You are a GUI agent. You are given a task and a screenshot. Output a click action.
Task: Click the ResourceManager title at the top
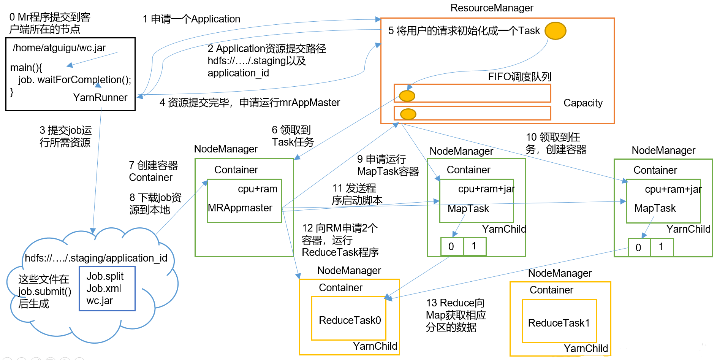(492, 8)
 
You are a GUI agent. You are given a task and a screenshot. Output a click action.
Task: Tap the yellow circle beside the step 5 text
(555, 31)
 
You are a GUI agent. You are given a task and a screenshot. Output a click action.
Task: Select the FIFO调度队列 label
(519, 77)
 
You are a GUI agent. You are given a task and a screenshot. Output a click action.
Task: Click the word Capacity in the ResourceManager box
(583, 103)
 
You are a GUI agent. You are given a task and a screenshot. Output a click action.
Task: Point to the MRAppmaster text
(240, 208)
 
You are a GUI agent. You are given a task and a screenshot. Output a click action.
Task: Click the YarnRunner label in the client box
(100, 98)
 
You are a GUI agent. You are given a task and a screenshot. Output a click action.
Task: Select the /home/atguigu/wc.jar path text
(59, 48)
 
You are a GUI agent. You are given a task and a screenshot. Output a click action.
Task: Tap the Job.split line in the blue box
(105, 276)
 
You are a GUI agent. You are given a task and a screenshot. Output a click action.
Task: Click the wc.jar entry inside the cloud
(100, 301)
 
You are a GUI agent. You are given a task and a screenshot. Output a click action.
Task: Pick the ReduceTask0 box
(349, 319)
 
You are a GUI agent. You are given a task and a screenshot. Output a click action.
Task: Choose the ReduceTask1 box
(559, 321)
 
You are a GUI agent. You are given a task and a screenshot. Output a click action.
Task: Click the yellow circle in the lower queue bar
(408, 114)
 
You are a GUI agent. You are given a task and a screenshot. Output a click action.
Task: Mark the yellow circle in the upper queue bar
(407, 96)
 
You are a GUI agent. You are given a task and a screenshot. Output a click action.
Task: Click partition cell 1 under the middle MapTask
(474, 246)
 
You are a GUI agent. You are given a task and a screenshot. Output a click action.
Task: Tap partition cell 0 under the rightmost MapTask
(639, 247)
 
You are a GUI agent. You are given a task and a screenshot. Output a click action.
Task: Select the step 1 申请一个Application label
(192, 19)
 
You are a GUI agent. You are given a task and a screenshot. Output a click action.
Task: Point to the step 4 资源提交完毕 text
(250, 103)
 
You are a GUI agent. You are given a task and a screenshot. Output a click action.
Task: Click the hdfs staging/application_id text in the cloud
(96, 258)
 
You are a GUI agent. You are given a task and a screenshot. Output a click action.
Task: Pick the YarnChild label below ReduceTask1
(586, 349)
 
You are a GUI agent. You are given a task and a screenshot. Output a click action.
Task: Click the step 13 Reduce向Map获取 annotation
(456, 315)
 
